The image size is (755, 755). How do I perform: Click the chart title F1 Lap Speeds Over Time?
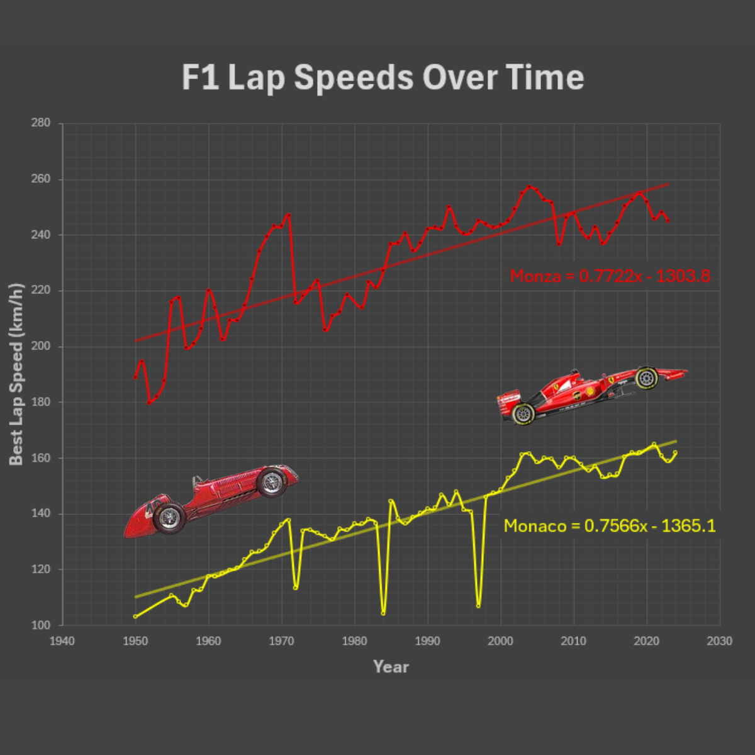383,77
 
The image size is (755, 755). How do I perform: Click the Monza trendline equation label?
610,276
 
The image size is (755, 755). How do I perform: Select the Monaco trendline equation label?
609,525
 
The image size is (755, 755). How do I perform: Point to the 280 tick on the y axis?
41,123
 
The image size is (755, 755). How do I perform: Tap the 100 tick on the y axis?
41,625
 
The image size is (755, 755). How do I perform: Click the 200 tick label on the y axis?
41,346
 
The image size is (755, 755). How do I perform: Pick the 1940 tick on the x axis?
62,640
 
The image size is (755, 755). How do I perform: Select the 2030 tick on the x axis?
719,640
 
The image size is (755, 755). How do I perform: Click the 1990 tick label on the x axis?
427,640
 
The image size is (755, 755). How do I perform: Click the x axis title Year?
391,666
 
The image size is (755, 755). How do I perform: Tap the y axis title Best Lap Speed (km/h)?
16,374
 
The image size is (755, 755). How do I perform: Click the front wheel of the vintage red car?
272,483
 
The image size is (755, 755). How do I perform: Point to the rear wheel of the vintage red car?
169,518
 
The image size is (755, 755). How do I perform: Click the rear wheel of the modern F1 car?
522,413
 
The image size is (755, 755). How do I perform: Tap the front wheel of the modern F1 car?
646,377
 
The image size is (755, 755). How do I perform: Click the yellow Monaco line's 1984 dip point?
383,613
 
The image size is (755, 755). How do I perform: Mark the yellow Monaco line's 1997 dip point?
479,606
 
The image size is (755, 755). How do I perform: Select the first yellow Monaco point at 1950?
135,617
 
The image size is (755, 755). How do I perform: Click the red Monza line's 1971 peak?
289,215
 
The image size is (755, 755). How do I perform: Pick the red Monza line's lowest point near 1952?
149,402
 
